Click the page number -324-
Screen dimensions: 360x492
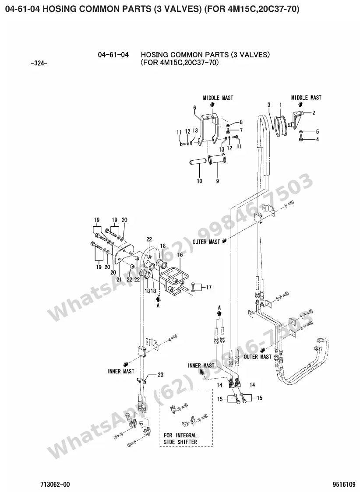pos(39,63)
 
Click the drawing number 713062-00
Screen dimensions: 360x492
pos(55,485)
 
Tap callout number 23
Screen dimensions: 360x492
pos(160,375)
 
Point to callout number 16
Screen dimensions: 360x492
pos(180,255)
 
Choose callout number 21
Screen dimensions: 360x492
pos(119,279)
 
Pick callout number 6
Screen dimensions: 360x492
pos(194,108)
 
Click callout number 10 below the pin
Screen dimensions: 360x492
pos(200,181)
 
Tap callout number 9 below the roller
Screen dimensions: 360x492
pos(218,181)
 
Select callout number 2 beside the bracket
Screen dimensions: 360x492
pos(314,113)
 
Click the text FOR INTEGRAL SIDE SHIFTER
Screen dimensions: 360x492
pos(180,439)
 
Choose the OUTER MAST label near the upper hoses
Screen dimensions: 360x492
pos(206,242)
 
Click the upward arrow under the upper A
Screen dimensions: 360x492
pos(219,313)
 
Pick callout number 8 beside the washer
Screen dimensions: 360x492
pos(241,122)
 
